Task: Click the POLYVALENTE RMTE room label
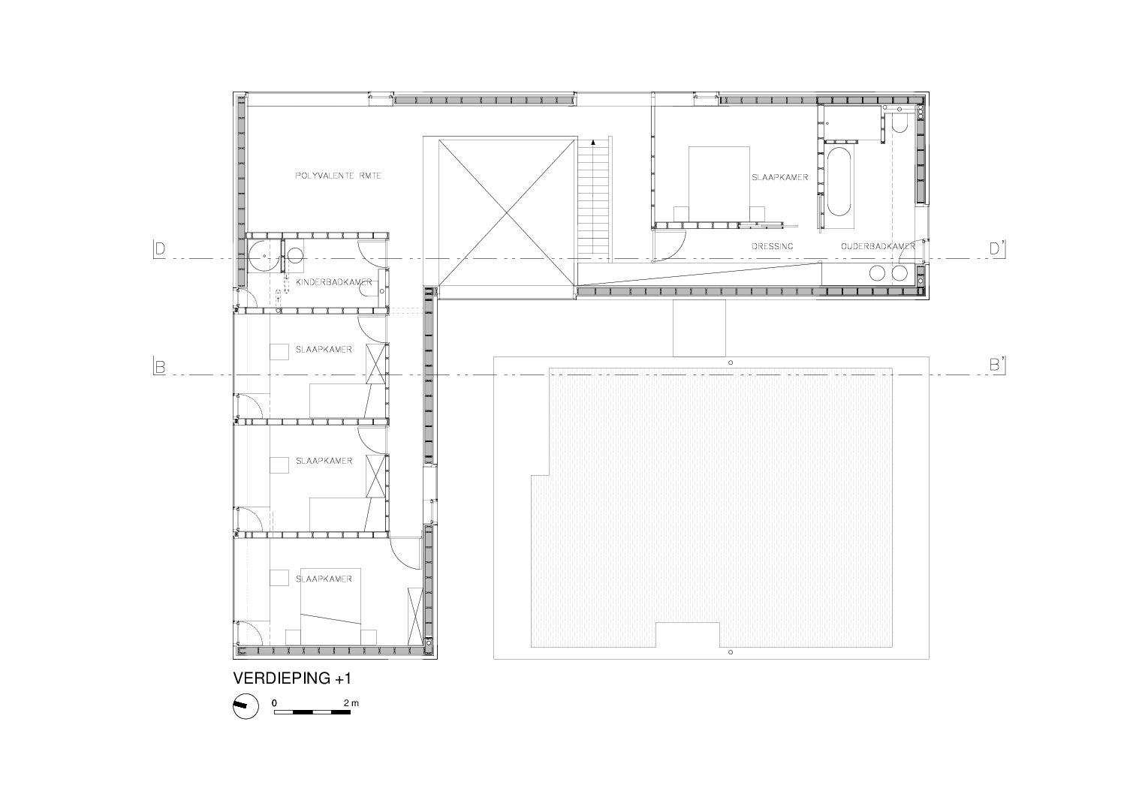338,176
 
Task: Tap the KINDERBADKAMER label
333,282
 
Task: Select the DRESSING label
773,246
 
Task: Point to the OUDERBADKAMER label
878,246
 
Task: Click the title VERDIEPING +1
292,678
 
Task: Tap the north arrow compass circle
246,706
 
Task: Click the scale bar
312,712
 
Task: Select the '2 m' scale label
351,703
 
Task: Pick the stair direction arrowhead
593,143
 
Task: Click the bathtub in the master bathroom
838,181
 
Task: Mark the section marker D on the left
159,249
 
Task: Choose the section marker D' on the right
996,249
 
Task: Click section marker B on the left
159,367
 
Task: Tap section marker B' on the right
997,365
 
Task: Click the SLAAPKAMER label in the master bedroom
780,178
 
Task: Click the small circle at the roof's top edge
731,362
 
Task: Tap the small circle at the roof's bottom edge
731,652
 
